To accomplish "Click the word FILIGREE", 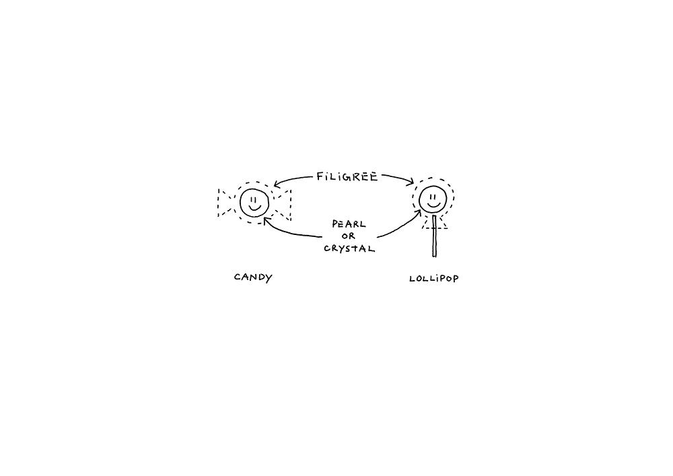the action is pyautogui.click(x=347, y=176).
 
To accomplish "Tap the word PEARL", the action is pyautogui.click(x=349, y=224).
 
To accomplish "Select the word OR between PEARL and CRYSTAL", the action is pyautogui.click(x=349, y=236).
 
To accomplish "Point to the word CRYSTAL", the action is pyautogui.click(x=349, y=248).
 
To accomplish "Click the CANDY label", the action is pyautogui.click(x=253, y=277).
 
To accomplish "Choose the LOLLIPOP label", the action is pyautogui.click(x=434, y=279).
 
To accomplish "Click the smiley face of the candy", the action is pyautogui.click(x=254, y=203).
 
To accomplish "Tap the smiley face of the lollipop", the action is pyautogui.click(x=433, y=199).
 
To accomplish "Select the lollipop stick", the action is pyautogui.click(x=434, y=236).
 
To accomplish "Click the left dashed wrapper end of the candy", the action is pyautogui.click(x=225, y=203).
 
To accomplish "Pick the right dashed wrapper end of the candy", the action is pyautogui.click(x=283, y=205).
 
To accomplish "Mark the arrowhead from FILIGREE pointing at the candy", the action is pyautogui.click(x=277, y=184).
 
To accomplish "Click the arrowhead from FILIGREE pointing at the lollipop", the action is pyautogui.click(x=410, y=182).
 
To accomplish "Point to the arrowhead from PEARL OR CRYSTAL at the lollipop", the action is pyautogui.click(x=418, y=213).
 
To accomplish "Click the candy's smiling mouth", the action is pyautogui.click(x=255, y=208).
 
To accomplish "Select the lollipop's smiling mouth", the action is pyautogui.click(x=433, y=205).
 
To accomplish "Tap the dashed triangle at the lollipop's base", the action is pyautogui.click(x=434, y=223).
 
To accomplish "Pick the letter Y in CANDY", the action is pyautogui.click(x=269, y=278).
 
